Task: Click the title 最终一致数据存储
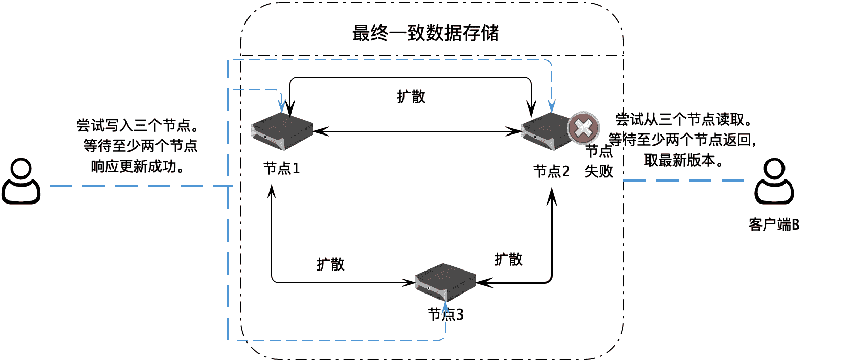coord(425,33)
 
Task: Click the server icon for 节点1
coord(282,131)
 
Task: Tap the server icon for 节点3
coord(445,282)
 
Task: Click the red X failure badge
coord(584,128)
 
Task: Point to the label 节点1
coord(281,168)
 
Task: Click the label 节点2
coord(551,171)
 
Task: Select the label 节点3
coord(445,314)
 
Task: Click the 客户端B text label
coord(774,224)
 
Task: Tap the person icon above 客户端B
coord(774,182)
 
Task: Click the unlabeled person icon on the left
coord(21,182)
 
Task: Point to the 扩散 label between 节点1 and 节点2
coord(411,97)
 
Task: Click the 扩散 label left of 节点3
coord(330,264)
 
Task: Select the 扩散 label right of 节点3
coord(508,259)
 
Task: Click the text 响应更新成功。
coord(138,166)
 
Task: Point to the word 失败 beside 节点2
coord(598,171)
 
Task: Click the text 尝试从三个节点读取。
coord(684,119)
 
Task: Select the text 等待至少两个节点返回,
coord(682,140)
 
